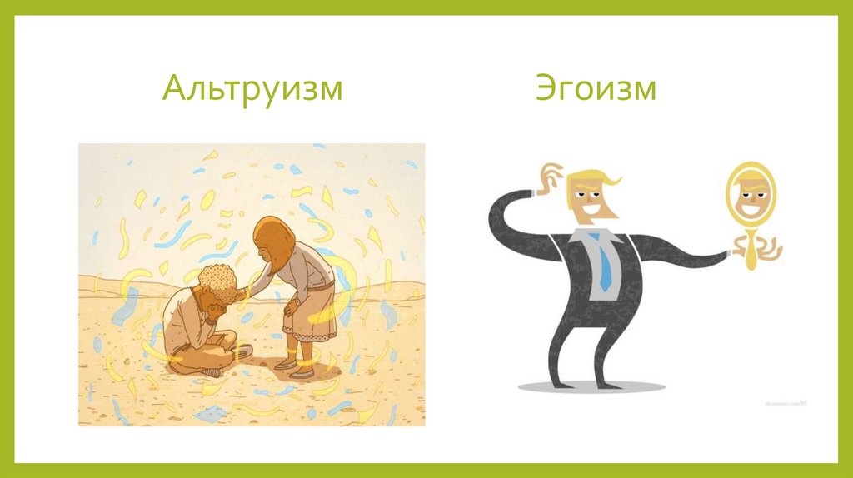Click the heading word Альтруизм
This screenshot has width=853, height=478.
[x=252, y=89]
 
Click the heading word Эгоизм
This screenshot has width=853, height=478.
[x=595, y=89]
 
